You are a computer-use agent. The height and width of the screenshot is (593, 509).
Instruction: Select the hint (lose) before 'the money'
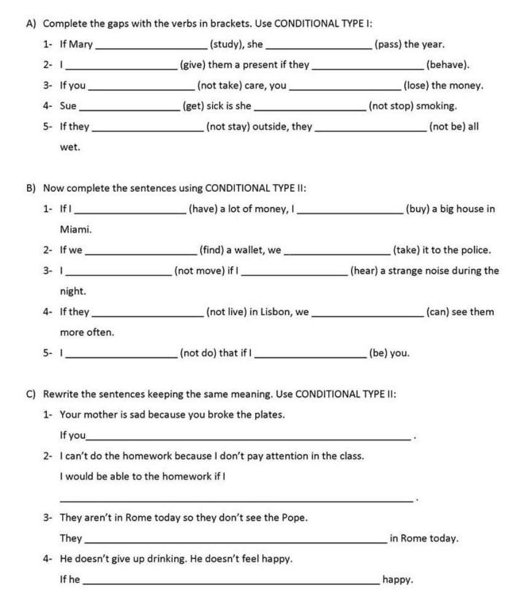click(x=416, y=85)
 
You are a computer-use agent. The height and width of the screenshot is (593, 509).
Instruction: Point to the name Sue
click(x=68, y=106)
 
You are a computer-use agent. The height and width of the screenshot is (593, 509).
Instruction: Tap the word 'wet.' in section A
click(x=70, y=147)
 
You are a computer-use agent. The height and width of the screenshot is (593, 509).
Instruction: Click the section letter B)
click(x=31, y=188)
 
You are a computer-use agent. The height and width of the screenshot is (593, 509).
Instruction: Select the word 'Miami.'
click(x=76, y=229)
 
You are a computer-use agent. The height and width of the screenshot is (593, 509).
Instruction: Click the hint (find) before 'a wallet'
click(x=212, y=250)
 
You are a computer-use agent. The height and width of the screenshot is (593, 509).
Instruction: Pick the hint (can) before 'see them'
click(x=437, y=312)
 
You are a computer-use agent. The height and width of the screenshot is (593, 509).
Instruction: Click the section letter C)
click(x=31, y=393)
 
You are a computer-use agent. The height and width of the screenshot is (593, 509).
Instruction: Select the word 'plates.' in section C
click(x=269, y=414)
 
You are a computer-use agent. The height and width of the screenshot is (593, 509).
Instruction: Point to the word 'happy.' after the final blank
click(x=398, y=579)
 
